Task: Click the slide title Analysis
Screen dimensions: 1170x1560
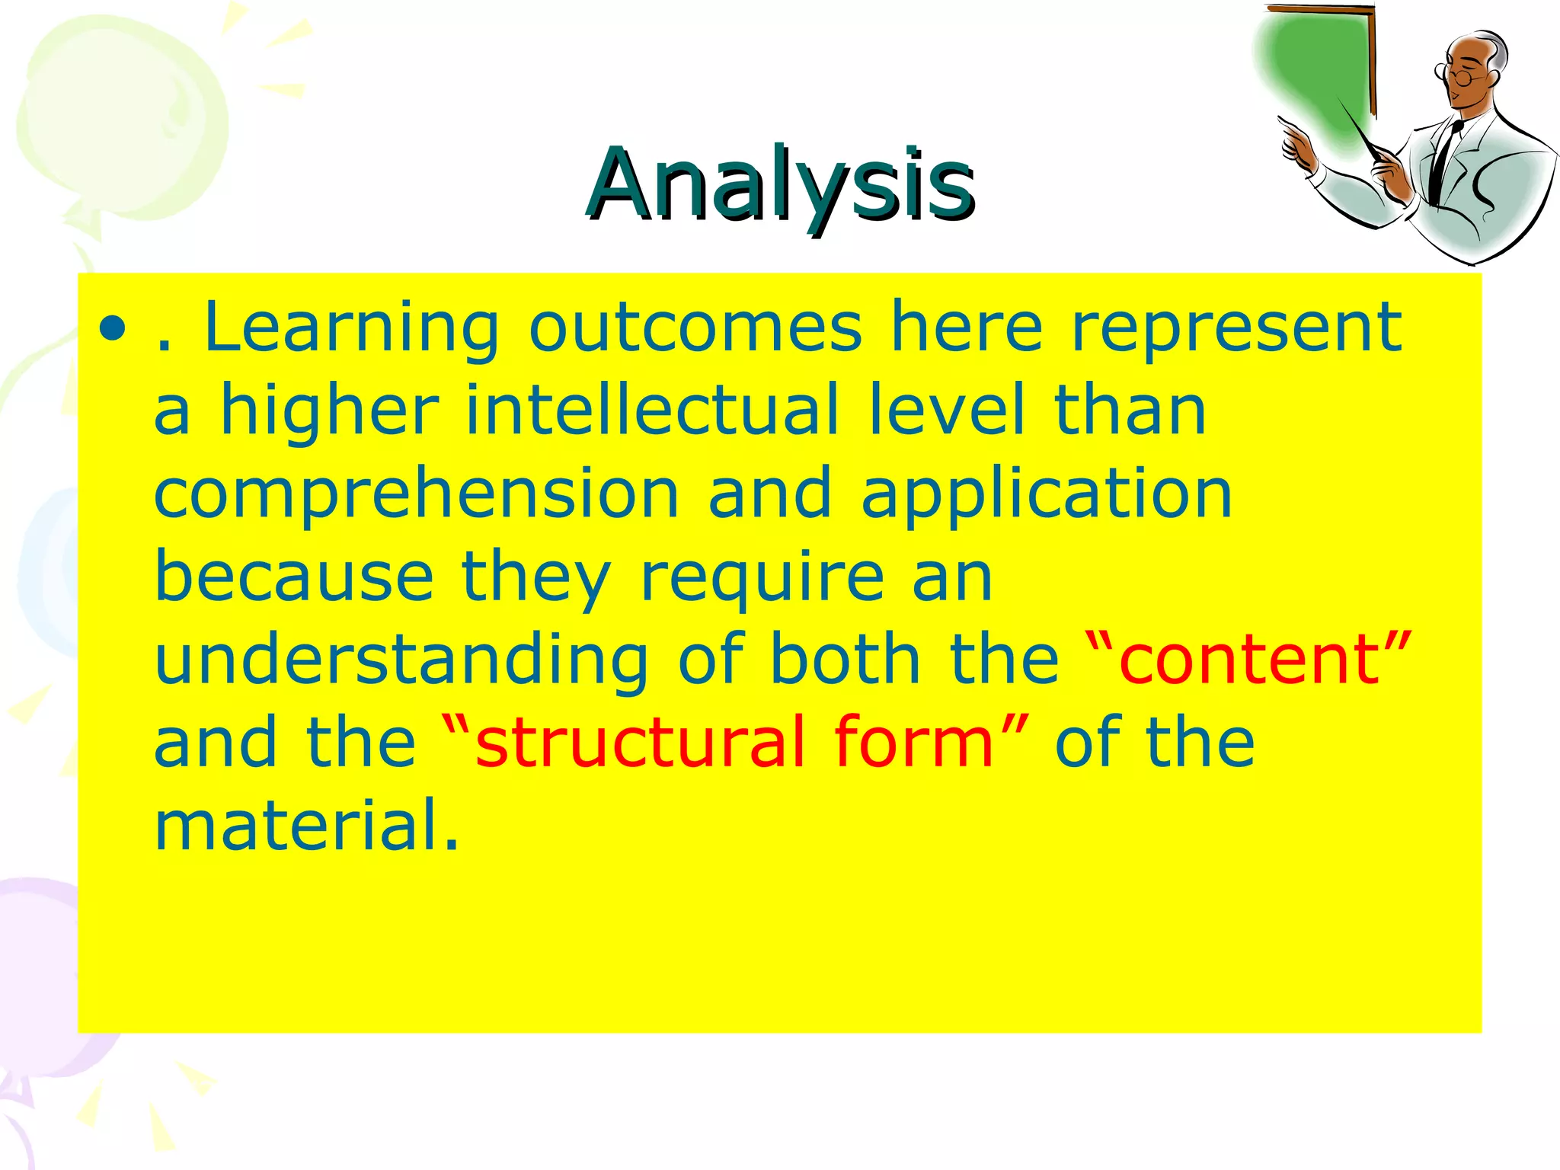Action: click(x=780, y=184)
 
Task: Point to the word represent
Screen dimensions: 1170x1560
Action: click(x=1236, y=329)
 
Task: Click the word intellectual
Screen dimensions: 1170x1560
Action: click(x=652, y=411)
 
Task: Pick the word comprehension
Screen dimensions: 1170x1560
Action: click(x=416, y=495)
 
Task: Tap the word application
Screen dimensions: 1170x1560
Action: click(x=1046, y=495)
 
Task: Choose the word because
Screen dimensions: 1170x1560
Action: click(x=294, y=577)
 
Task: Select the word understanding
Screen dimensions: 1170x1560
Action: click(x=401, y=660)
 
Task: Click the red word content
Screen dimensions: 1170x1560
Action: click(x=1249, y=660)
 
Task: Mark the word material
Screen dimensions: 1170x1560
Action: click(x=307, y=824)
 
